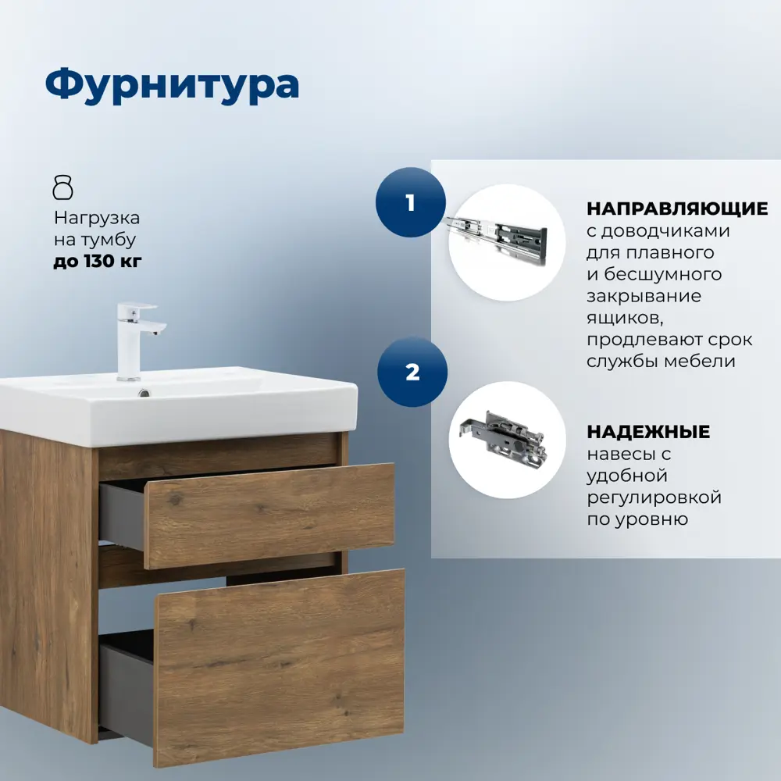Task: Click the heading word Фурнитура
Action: click(x=172, y=84)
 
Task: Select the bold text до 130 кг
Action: click(x=98, y=262)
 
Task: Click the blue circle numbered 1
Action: click(x=410, y=203)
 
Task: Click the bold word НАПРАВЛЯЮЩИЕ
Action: click(x=677, y=209)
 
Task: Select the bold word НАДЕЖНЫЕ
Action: click(x=648, y=432)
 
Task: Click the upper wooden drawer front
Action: click(x=269, y=515)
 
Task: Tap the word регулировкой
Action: click(x=654, y=497)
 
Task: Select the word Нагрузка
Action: click(x=97, y=219)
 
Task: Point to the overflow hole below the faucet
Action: click(x=143, y=394)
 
